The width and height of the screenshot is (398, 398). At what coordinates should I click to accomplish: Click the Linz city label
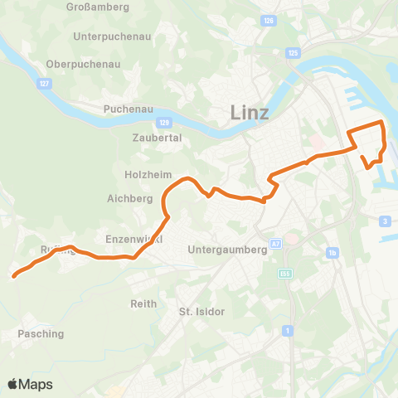point(249,113)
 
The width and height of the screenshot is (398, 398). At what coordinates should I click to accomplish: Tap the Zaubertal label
point(157,138)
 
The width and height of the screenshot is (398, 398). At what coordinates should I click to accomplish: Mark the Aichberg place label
point(130,199)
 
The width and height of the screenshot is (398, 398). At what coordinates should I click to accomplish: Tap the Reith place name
point(143,304)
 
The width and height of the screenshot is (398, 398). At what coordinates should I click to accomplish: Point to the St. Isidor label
point(202,312)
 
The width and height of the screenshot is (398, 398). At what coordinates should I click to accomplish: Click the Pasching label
point(41,333)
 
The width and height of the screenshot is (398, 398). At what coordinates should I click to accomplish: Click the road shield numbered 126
point(268,21)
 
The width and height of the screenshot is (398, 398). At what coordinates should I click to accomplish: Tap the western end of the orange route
point(15,277)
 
